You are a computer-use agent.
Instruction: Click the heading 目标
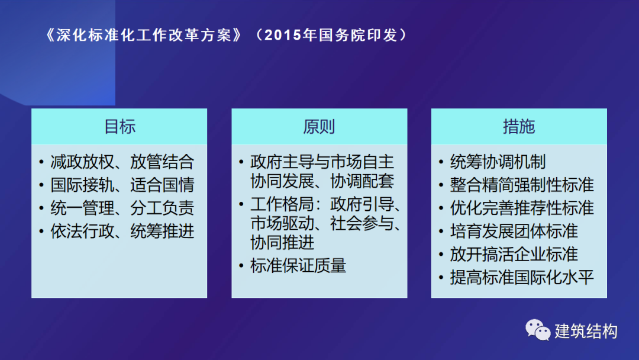click(x=120, y=127)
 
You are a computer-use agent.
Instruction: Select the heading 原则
click(x=319, y=127)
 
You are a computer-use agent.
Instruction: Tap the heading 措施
click(x=519, y=127)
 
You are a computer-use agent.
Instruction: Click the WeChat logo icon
click(x=537, y=329)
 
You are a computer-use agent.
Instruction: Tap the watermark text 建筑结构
click(x=586, y=330)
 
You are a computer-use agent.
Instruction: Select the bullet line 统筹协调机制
click(x=498, y=162)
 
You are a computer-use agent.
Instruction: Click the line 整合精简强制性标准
click(x=522, y=185)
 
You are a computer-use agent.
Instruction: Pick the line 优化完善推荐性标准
click(x=522, y=208)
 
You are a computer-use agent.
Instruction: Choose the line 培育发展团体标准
click(x=514, y=231)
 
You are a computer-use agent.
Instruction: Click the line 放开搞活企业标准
click(x=514, y=255)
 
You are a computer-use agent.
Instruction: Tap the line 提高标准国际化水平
click(x=522, y=277)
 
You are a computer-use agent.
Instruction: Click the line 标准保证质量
click(x=298, y=265)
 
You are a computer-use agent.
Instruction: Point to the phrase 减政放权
click(x=82, y=162)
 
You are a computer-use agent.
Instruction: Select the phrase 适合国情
click(x=162, y=185)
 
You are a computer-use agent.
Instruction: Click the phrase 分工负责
click(x=162, y=208)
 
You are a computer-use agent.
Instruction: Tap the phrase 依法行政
click(x=82, y=231)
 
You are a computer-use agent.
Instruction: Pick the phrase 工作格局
click(x=282, y=204)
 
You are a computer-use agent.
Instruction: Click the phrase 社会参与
click(x=362, y=223)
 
